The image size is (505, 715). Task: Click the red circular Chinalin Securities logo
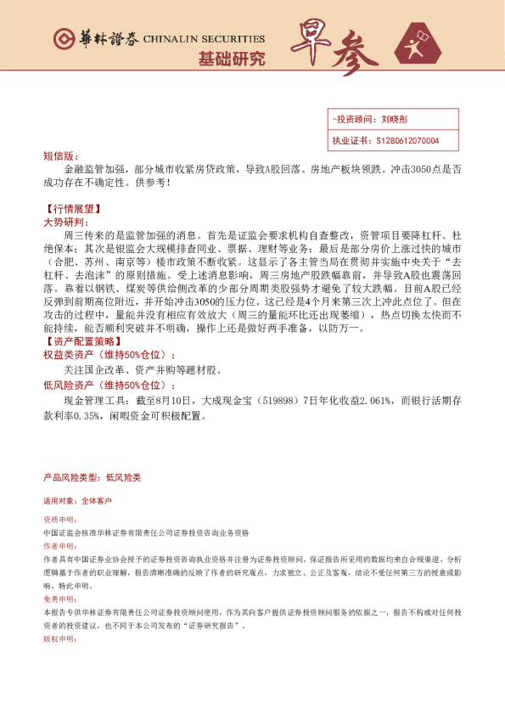click(x=64, y=40)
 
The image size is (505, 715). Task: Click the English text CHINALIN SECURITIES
click(x=204, y=39)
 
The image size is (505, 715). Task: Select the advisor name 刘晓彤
click(x=396, y=120)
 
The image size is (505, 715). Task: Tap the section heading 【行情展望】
click(x=68, y=208)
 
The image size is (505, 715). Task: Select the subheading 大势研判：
click(x=64, y=221)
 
